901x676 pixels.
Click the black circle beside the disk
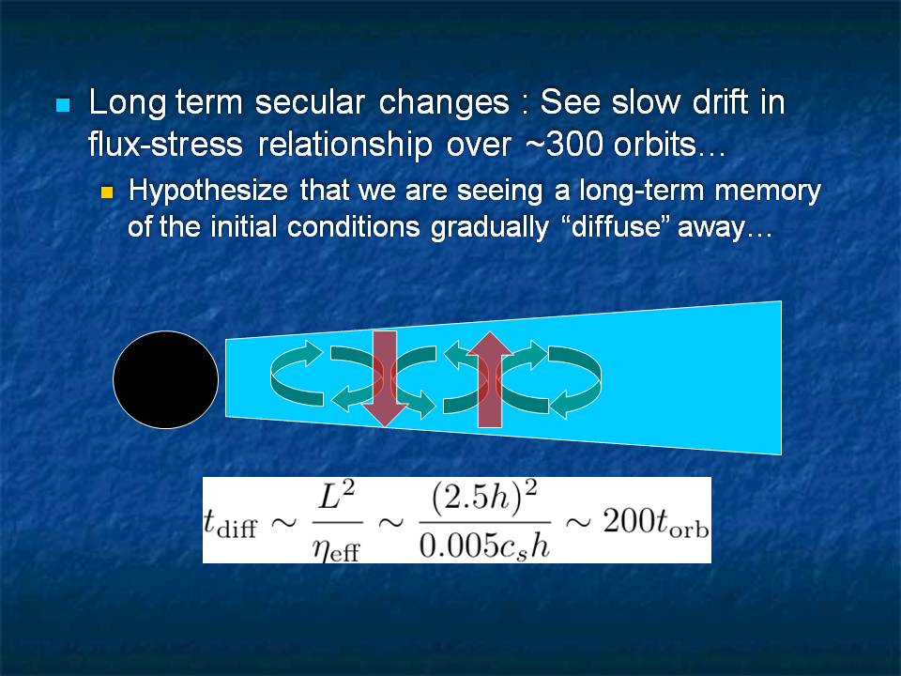pos(165,379)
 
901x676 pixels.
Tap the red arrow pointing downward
pos(385,378)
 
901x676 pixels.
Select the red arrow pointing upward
pos(490,379)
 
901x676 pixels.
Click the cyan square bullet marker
pos(63,105)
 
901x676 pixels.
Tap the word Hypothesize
pos(208,192)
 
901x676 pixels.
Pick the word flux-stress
pos(165,144)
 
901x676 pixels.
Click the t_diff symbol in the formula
pos(231,524)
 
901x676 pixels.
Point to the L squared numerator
pos(337,496)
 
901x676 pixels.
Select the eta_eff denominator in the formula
pos(337,551)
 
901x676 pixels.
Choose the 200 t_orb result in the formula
pos(656,523)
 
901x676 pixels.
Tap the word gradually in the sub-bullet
pos(490,227)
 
